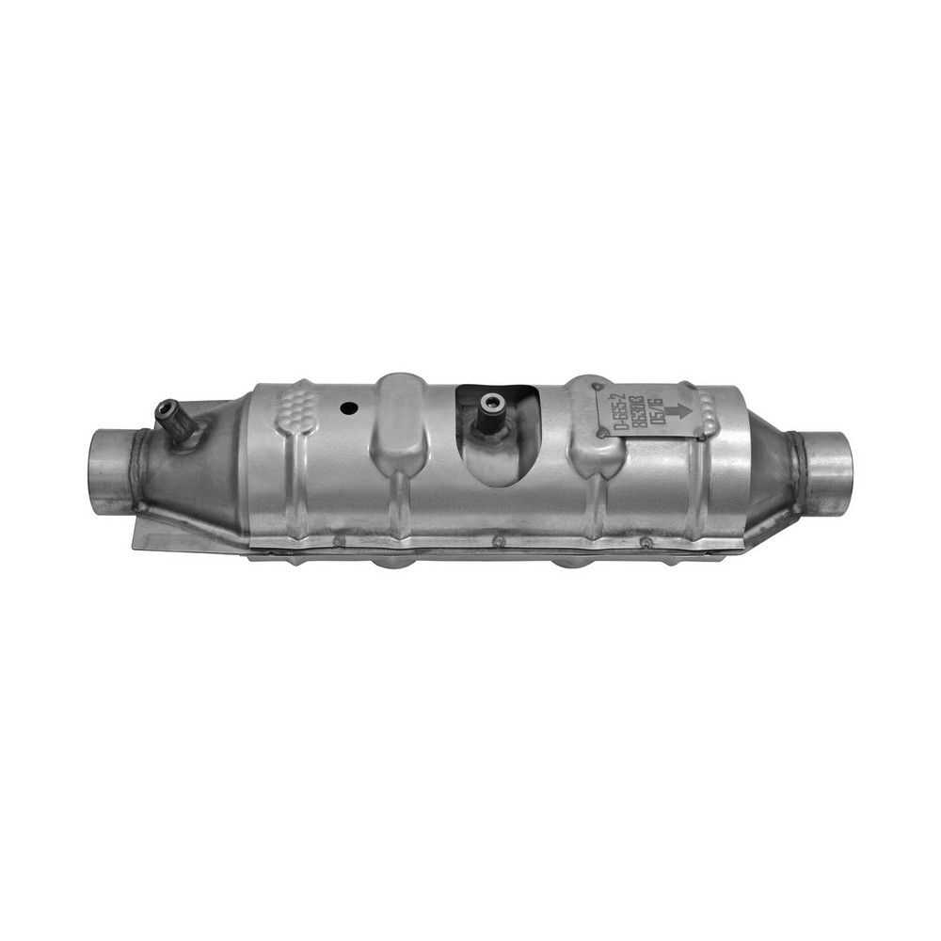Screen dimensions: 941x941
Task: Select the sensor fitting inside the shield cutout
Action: pos(489,405)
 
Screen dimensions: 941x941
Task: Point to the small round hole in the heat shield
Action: pos(348,408)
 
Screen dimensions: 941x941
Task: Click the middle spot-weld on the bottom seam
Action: pos(498,540)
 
